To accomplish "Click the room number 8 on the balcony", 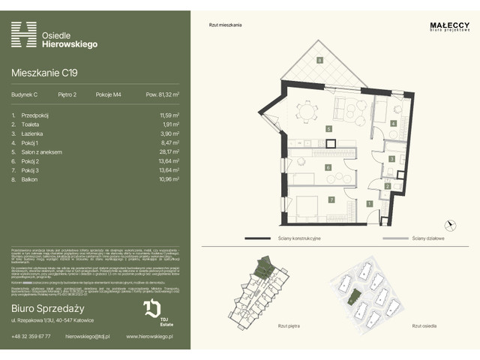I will (319, 60).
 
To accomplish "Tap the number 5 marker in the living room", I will (328, 128).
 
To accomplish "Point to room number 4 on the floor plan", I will (393, 123).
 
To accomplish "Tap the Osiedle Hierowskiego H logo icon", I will (24, 34).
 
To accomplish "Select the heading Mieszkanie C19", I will (44, 73).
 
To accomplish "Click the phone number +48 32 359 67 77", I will (31, 337).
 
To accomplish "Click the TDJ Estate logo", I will (151, 312).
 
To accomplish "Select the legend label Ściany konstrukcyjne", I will (296, 238).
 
